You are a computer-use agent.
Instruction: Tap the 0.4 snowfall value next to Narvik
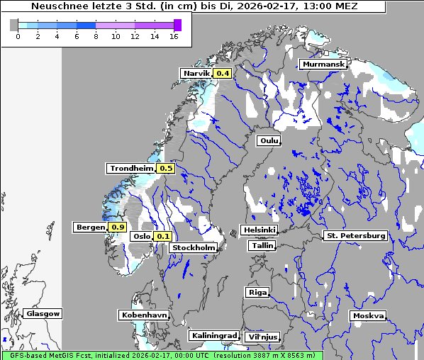tap(223, 74)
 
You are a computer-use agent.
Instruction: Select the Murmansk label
tap(323, 64)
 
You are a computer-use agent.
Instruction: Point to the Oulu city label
tap(269, 141)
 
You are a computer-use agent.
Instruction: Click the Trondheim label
tap(131, 169)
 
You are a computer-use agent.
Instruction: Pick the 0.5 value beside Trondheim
tap(166, 169)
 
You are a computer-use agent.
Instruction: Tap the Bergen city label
tap(89, 227)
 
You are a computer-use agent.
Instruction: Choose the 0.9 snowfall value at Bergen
tap(118, 227)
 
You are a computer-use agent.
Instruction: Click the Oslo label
tap(142, 237)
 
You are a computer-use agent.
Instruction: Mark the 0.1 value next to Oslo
tap(163, 237)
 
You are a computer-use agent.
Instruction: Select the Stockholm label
tap(194, 248)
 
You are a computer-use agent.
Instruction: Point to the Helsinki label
tap(259, 230)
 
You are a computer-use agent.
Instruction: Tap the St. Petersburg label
tap(355, 235)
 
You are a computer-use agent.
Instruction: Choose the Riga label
tap(257, 293)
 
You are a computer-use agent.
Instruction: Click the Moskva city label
tap(368, 316)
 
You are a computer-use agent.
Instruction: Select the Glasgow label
tap(43, 314)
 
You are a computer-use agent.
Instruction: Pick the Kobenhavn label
tap(143, 315)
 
